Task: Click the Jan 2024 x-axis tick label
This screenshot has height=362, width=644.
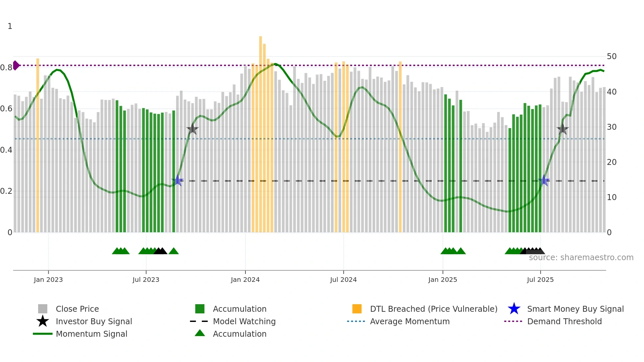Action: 245,280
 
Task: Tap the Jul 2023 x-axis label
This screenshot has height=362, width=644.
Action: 146,280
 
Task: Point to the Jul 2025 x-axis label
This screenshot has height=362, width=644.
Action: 540,280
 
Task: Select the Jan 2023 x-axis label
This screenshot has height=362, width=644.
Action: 48,280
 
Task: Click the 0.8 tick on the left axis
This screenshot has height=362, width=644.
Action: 6,68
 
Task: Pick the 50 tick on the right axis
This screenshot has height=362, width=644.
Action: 611,57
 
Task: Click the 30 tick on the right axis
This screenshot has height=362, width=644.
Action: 611,127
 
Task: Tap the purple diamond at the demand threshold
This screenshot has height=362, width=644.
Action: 16,65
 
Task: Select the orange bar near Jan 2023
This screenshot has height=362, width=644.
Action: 38,145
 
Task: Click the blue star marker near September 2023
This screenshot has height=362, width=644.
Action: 178,180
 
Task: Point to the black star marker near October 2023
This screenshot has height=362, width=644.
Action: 193,129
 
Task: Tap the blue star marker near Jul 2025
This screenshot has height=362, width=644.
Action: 544,180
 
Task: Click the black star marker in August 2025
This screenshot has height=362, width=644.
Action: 563,129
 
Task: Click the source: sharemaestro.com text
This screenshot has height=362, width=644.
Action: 581,258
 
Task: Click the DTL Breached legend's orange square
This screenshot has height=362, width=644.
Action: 357,309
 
